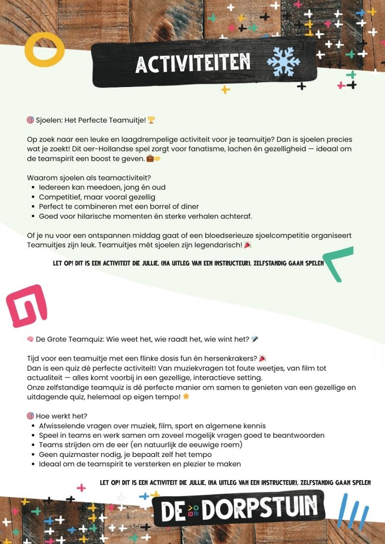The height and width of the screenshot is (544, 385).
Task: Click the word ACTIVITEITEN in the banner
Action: pos(193,63)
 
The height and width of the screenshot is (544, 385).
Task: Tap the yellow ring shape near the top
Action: pos(45,51)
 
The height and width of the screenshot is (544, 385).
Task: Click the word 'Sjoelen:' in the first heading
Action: pos(49,120)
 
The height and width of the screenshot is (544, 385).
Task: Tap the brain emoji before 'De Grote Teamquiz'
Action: pos(30,339)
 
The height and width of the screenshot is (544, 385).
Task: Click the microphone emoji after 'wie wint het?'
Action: pos(254,339)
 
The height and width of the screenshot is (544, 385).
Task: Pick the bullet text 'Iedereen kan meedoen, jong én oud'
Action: pos(102,187)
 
